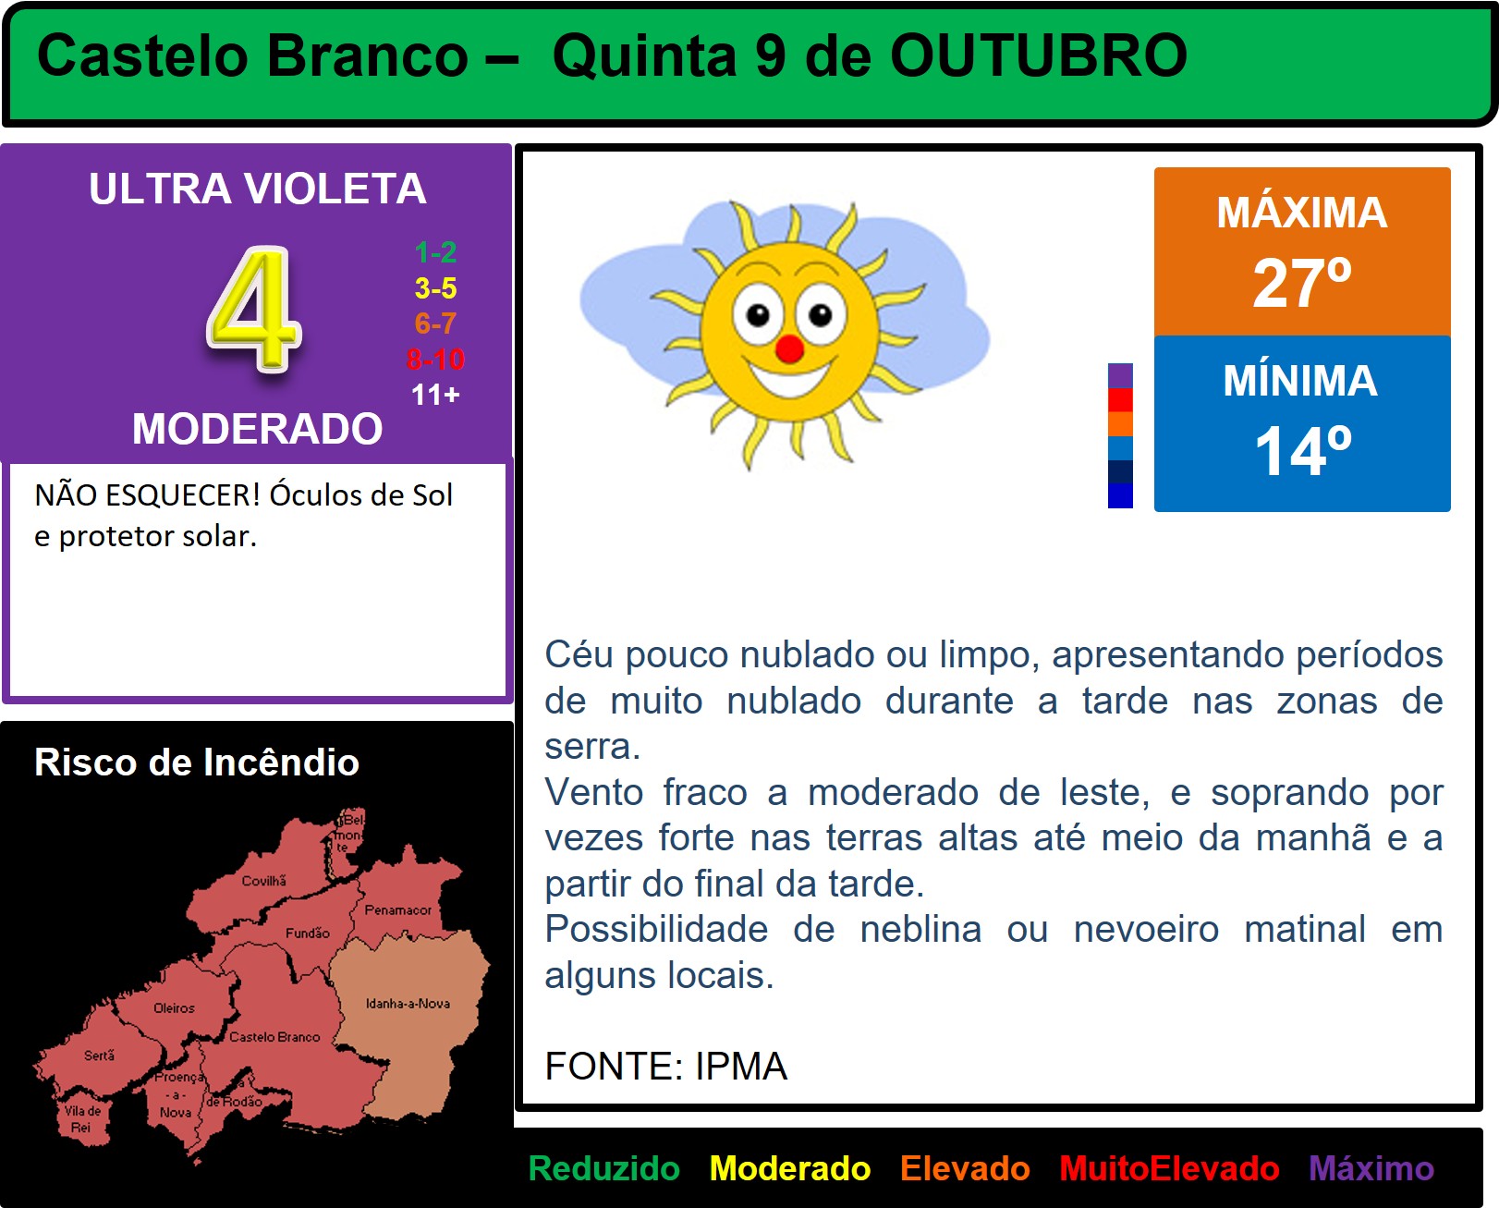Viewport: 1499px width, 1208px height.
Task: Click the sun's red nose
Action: pos(789,348)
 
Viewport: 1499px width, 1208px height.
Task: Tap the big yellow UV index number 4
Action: pos(254,310)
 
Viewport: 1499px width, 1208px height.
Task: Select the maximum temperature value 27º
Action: pos(1302,282)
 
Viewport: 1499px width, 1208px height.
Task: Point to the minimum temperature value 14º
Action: pos(1302,451)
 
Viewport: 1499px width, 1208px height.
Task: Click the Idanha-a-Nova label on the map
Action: pos(408,1003)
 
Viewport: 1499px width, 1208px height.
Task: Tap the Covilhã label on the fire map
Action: pos(264,881)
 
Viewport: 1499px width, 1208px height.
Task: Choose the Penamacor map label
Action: pos(397,909)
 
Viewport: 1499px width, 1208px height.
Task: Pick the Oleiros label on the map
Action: pos(174,1008)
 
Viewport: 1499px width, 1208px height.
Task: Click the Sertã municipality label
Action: pos(99,1055)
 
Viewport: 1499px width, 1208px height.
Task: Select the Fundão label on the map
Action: pos(307,933)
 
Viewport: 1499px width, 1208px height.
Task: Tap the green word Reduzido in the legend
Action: pos(603,1168)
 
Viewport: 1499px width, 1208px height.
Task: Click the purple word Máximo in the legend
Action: pos(1371,1168)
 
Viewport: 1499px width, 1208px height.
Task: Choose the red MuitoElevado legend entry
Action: pos(1169,1168)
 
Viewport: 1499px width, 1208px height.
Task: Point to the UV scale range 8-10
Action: pos(435,360)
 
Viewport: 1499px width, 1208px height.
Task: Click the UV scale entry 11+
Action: pos(435,395)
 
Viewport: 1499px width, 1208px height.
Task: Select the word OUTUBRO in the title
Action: pos(1039,55)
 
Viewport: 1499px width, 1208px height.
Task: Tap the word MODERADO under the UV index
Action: pos(257,428)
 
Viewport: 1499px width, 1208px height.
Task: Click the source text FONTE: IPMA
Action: pos(666,1066)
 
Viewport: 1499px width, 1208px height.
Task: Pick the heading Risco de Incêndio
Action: pos(197,762)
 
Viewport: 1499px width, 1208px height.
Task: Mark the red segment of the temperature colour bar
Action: pos(1120,400)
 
